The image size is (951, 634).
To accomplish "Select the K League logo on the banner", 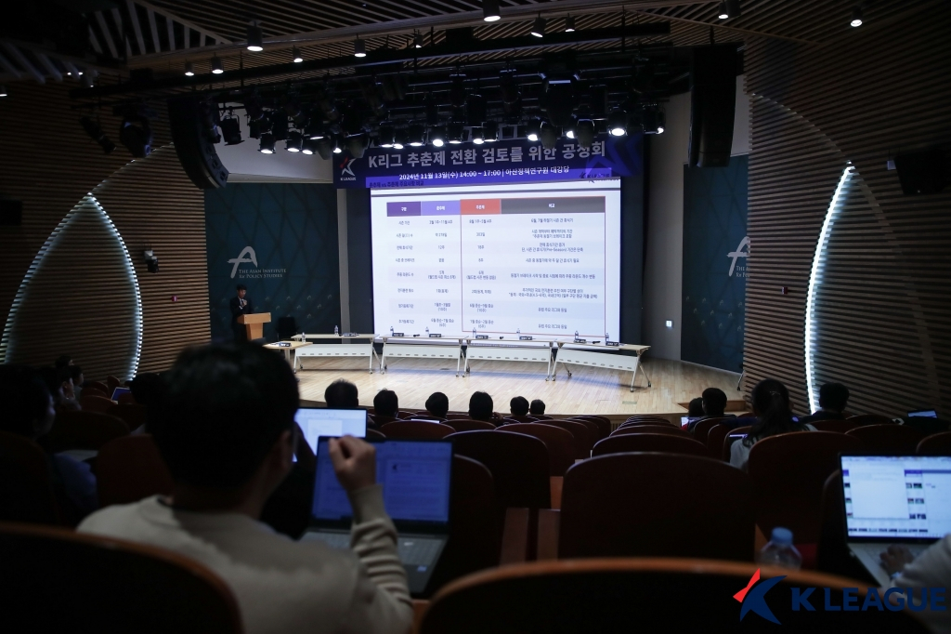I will pyautogui.click(x=347, y=169).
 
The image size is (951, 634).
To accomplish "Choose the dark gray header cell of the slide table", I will pyautogui.click(x=553, y=205).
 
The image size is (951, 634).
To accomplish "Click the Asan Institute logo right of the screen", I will pyautogui.click(x=739, y=258).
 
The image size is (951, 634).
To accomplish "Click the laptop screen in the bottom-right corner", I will pyautogui.click(x=895, y=496).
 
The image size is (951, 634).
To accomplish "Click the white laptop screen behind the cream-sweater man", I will pyautogui.click(x=332, y=425).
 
